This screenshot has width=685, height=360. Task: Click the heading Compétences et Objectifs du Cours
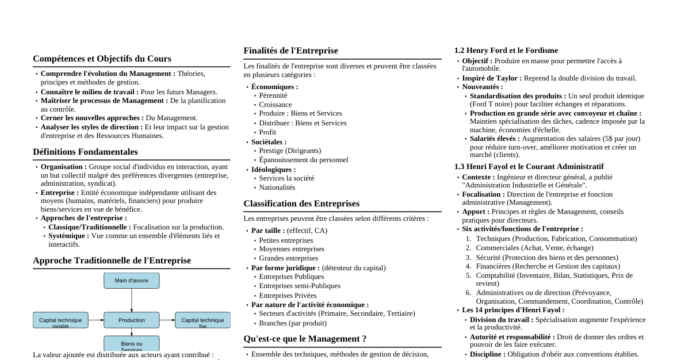pos(102,59)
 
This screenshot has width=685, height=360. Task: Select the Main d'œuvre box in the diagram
pos(131,281)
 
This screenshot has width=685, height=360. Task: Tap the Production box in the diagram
pos(131,320)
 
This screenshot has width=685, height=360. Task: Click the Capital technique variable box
pos(60,320)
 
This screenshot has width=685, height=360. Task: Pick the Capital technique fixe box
pos(202,320)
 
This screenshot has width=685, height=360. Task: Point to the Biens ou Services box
pos(131,344)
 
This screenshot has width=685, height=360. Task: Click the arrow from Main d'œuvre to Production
pos(132,300)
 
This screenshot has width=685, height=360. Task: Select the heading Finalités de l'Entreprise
pos(290,51)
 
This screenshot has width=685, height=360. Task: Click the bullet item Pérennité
pos(273,95)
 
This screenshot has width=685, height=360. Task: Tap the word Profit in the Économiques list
pos(267,132)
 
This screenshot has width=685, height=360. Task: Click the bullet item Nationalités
pos(277,187)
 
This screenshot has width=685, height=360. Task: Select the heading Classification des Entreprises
pos(301,204)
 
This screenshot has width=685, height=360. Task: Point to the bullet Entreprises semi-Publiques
pos(299,286)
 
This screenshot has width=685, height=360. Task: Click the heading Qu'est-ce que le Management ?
pos(305,339)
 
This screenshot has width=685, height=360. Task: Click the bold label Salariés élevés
pos(494,139)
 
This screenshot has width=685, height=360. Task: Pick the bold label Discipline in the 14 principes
pos(487,354)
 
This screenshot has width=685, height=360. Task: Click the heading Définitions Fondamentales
pos(85,152)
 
